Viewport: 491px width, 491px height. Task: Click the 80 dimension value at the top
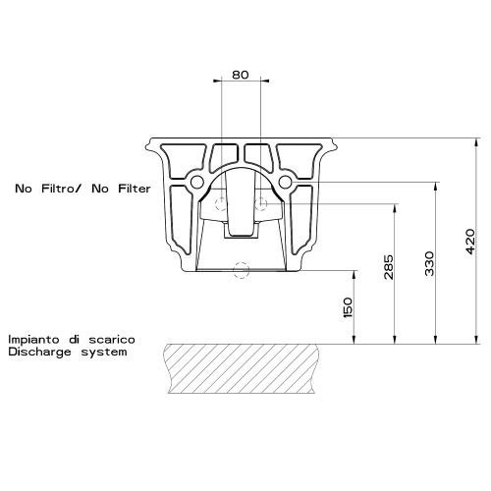[242, 75]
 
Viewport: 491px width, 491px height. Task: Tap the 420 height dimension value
[470, 238]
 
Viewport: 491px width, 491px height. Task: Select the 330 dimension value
[430, 263]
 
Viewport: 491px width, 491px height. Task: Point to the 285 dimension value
[390, 268]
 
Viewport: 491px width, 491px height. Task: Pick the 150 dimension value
[349, 307]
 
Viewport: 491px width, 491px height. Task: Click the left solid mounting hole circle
[197, 183]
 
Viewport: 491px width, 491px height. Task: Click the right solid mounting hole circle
[286, 183]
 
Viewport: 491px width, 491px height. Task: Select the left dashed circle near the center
[223, 204]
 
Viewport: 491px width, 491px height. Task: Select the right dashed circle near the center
[260, 204]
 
